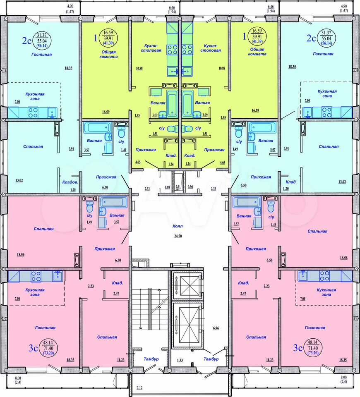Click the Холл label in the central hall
(x=178, y=226)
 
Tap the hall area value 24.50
(x=178, y=236)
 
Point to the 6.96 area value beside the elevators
(x=216, y=328)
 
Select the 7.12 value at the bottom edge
(x=139, y=387)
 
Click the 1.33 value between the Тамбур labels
(x=180, y=360)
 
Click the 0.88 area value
(x=167, y=187)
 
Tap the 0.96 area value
(x=190, y=187)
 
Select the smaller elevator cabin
(x=187, y=285)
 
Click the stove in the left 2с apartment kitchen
(x=33, y=112)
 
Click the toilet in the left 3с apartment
(x=90, y=207)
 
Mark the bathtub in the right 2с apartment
(x=262, y=127)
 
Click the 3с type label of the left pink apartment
(x=33, y=348)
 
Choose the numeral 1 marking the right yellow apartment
(x=244, y=37)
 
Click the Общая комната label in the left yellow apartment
(x=108, y=54)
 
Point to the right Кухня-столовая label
(x=211, y=48)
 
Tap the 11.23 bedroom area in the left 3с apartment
(x=120, y=360)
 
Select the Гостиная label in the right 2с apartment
(x=323, y=54)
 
